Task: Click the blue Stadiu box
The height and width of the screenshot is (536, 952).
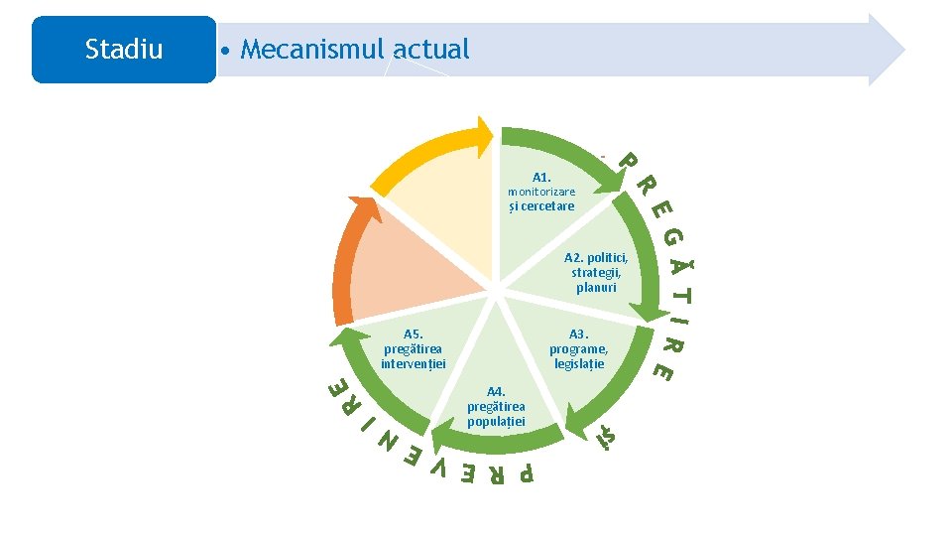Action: click(x=123, y=50)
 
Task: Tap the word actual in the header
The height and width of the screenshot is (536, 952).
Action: click(x=431, y=49)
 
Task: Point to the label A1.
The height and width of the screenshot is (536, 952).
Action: click(x=541, y=177)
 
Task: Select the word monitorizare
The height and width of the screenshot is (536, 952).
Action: click(x=541, y=192)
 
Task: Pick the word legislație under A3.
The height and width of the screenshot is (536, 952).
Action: click(x=579, y=364)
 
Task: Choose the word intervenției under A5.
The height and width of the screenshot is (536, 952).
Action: click(x=414, y=363)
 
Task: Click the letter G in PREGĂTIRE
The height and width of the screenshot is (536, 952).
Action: click(x=673, y=239)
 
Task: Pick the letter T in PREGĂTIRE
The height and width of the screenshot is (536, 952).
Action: click(x=683, y=295)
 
